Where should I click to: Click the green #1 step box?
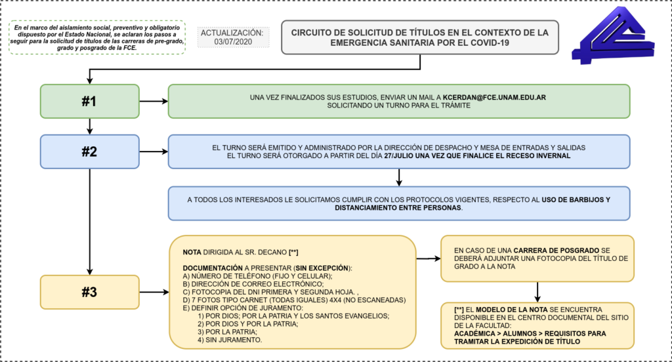89,101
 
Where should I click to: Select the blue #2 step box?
89,151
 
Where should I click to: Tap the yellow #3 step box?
89,292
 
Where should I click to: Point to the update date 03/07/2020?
233,42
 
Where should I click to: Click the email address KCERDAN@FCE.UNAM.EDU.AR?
494,97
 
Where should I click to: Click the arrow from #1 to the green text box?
154,101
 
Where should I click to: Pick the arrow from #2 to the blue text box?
154,151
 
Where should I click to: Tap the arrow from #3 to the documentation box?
154,292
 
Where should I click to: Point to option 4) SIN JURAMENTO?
230,340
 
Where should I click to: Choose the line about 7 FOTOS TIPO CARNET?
294,300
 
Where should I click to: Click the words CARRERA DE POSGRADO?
556,251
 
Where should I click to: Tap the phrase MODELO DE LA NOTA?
512,310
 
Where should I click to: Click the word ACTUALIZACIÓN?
232,33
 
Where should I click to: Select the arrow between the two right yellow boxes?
537,292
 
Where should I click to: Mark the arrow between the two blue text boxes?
399,177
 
